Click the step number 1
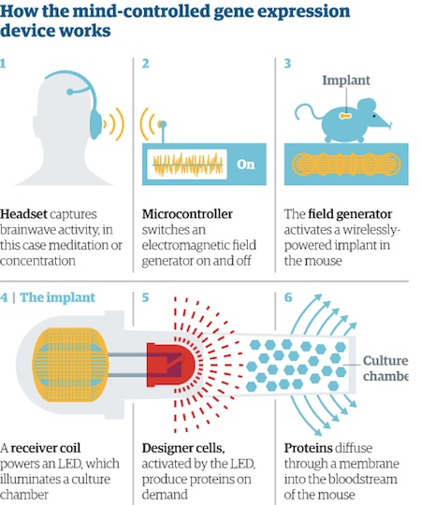click(3, 64)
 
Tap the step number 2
click(146, 64)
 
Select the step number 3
click(287, 64)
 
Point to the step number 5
click(146, 297)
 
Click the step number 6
click(288, 297)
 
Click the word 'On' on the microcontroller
click(246, 165)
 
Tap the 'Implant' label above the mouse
click(346, 80)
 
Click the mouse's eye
click(374, 116)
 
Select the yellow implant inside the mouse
click(344, 115)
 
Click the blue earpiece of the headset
click(96, 123)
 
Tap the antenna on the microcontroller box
click(163, 132)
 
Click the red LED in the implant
click(170, 365)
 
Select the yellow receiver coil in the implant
click(70, 364)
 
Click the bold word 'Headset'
click(23, 214)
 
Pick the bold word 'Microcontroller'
click(187, 214)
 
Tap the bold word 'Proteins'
click(308, 448)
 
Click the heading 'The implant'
click(58, 297)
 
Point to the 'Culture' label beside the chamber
click(385, 361)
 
